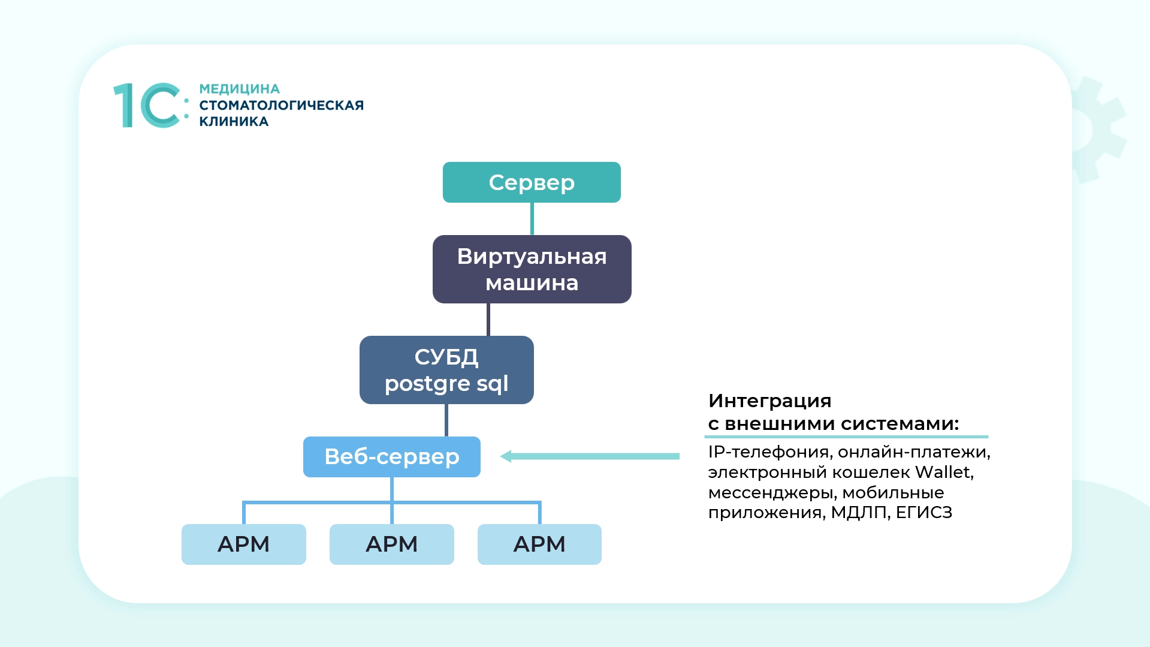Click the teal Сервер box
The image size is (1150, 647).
coord(532,182)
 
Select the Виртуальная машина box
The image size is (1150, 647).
coord(532,269)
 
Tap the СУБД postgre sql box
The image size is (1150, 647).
coord(446,370)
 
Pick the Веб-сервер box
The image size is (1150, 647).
coord(392,457)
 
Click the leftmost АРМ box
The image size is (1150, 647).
coord(243,544)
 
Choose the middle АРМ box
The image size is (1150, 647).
coord(392,544)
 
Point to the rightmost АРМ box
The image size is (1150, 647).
coord(539,544)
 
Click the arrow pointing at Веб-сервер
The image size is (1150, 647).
coord(590,456)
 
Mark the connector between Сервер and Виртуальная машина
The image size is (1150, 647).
coord(532,219)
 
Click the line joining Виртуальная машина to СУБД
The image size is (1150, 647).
coord(488,320)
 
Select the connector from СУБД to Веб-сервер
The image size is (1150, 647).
coord(446,420)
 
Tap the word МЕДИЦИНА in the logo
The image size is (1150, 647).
coord(239,89)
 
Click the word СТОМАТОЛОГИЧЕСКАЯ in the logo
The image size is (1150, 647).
coord(281,106)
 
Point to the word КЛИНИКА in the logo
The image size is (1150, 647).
coord(234,122)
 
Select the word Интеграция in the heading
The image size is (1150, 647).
coord(769,401)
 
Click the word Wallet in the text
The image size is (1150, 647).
coord(943,473)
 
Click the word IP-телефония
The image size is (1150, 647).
coord(769,452)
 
